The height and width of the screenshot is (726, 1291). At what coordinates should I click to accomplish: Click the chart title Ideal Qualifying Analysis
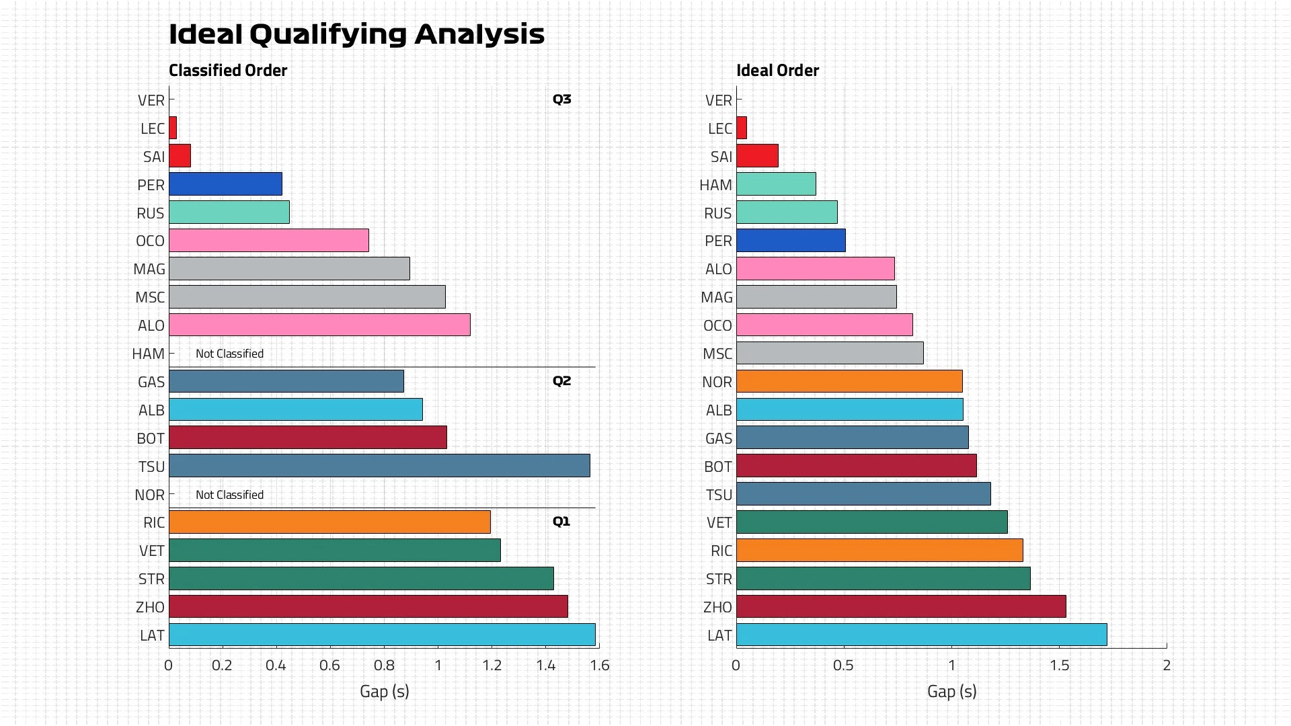356,34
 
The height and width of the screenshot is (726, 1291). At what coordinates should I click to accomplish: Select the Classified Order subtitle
228,71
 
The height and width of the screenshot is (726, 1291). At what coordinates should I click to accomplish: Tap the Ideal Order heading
777,71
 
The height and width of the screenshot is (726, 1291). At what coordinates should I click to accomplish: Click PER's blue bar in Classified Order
225,184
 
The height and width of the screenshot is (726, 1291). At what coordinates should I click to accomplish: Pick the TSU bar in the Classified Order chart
379,466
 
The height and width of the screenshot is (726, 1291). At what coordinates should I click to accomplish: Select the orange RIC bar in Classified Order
329,522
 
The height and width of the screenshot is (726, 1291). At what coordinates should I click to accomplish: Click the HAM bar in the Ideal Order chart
776,184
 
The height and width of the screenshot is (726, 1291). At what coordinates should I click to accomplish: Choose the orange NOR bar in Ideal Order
849,382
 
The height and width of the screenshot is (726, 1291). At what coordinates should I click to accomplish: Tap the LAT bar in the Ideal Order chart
921,635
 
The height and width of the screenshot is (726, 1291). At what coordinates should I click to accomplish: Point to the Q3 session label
561,99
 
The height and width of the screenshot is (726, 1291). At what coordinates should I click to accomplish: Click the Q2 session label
561,381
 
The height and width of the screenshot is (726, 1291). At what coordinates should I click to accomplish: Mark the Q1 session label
561,522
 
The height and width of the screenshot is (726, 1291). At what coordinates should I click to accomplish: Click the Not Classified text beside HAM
229,354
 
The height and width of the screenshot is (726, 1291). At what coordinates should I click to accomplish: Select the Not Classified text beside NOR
229,495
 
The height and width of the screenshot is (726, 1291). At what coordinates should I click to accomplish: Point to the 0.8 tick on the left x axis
384,665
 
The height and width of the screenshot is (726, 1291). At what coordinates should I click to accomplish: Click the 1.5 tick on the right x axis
1059,665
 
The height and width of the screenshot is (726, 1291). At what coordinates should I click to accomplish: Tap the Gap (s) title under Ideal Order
951,691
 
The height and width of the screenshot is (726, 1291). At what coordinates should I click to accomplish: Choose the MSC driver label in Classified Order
150,298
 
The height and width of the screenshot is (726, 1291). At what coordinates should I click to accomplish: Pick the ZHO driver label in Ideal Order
717,608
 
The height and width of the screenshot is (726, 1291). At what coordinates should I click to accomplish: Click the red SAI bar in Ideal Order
757,156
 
